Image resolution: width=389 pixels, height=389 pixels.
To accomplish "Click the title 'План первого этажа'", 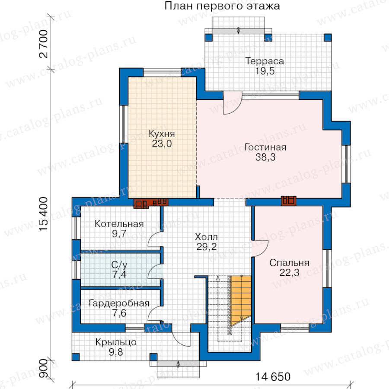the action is (x=222, y=6).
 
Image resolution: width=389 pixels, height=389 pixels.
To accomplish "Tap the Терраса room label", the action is (x=265, y=61).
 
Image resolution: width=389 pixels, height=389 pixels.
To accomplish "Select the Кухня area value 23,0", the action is (x=162, y=143).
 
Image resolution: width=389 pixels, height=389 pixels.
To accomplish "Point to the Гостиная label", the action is (x=265, y=147).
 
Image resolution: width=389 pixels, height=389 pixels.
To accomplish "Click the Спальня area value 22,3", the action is (x=289, y=273).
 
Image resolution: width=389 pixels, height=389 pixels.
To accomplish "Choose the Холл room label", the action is (x=207, y=237).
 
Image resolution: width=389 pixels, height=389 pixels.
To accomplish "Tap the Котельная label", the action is (x=119, y=224).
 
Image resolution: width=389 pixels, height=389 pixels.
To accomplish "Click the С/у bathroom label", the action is (x=119, y=265).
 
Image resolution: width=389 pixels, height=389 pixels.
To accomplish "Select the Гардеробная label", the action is (x=119, y=303).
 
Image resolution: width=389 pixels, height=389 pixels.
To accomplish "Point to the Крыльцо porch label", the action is (x=116, y=342).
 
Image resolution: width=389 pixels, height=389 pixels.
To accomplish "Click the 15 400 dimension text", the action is (x=43, y=214).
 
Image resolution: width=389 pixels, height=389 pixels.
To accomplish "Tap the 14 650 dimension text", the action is (x=273, y=377).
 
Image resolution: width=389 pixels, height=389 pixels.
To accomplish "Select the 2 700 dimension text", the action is (x=43, y=44).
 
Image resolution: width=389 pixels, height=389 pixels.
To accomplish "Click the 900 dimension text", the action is (x=43, y=368).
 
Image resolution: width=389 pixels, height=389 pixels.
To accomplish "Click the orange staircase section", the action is (x=241, y=301).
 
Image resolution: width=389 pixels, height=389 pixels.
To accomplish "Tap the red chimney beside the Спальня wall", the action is (x=289, y=201).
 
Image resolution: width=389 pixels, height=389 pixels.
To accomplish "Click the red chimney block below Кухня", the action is (x=151, y=203).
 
